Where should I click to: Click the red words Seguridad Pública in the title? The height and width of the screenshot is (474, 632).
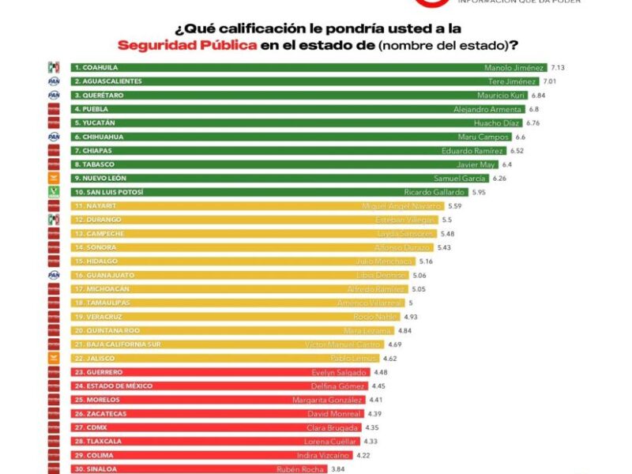[186, 45]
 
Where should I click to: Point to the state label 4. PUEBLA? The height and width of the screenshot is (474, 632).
[91, 109]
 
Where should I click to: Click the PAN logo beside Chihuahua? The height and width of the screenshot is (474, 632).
[54, 137]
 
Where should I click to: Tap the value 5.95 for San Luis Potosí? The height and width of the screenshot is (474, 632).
[479, 192]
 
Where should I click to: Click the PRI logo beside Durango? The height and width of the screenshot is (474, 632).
[54, 220]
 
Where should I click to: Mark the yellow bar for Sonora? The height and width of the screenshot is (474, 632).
[237, 247]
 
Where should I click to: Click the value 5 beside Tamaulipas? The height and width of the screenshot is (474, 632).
[411, 303]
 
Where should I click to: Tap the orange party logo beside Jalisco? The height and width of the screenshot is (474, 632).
[54, 358]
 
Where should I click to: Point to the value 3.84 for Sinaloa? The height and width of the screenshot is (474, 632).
[338, 469]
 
